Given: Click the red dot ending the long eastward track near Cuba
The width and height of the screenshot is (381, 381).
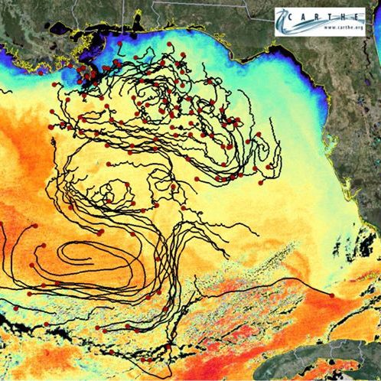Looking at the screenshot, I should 331,295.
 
